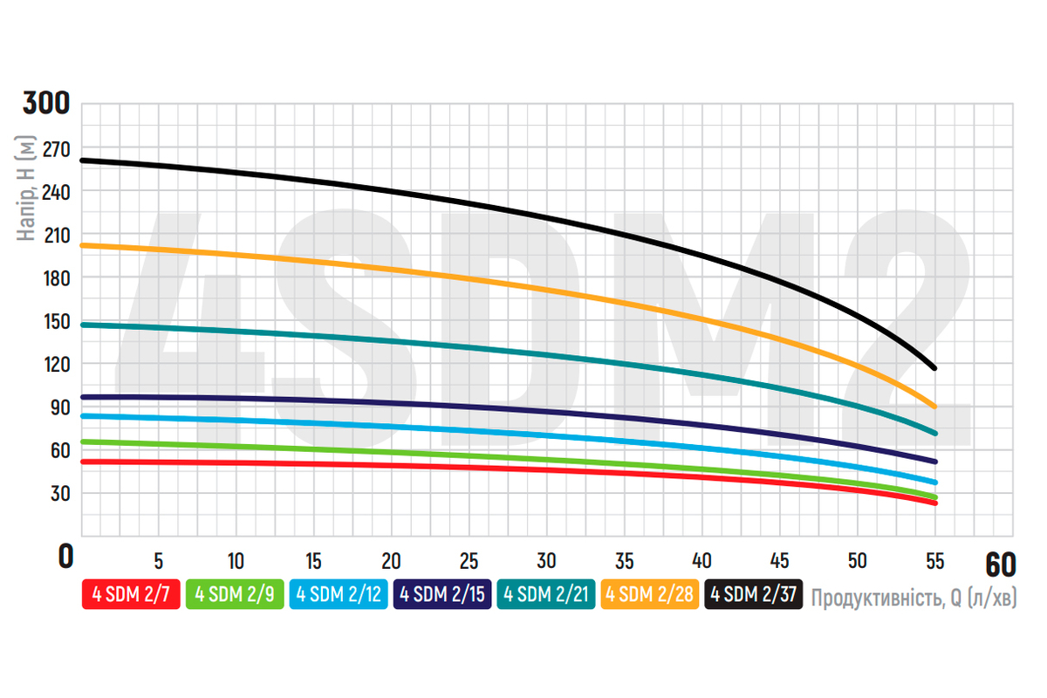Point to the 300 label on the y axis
tap(45, 104)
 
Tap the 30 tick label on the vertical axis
tap(59, 493)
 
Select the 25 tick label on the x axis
tap(469, 559)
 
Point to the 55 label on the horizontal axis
tap(934, 559)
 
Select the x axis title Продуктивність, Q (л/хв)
tap(914, 598)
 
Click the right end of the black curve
tap(934, 368)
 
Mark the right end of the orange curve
tap(934, 407)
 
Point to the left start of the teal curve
tap(83, 325)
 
